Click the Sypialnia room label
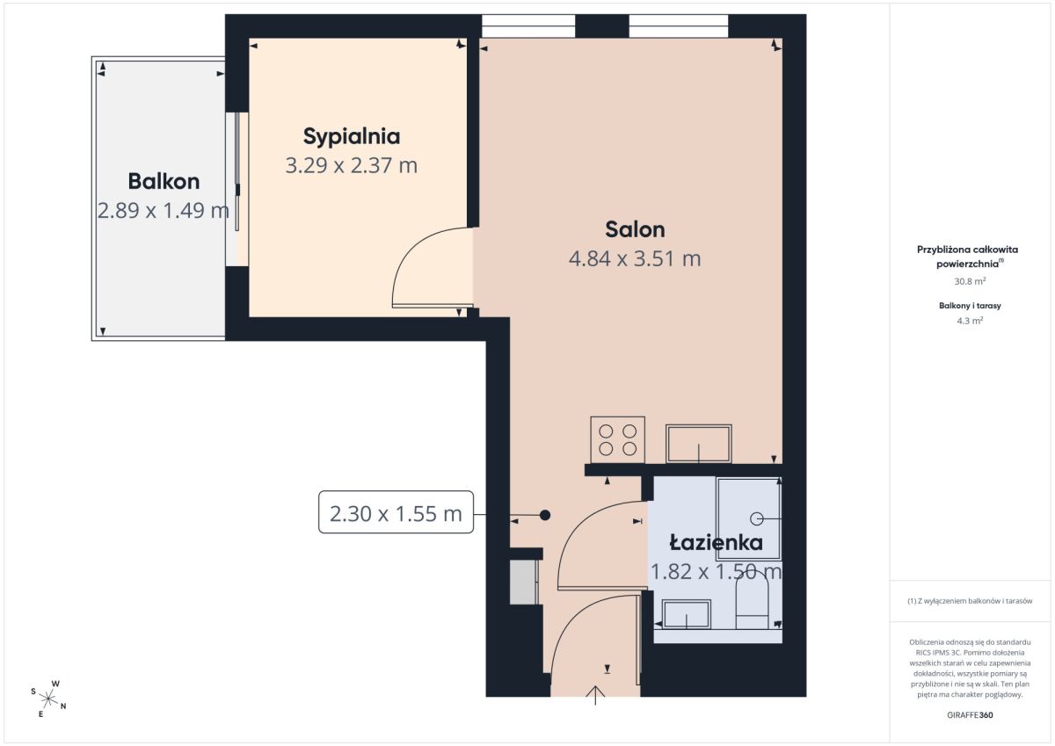[352, 137]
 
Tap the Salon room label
[635, 229]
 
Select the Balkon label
[164, 182]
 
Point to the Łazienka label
[717, 543]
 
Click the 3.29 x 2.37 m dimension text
[352, 166]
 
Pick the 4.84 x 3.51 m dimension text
[635, 259]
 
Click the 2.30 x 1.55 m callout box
[397, 512]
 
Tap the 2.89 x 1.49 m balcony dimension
[164, 210]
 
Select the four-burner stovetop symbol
[617, 439]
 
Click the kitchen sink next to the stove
[698, 444]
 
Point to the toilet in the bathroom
[753, 603]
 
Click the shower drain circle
[756, 518]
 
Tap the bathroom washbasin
[687, 613]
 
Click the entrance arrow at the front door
[595, 695]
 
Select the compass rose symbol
[48, 699]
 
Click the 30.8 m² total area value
[970, 281]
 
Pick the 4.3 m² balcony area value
[970, 321]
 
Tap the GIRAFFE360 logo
[970, 715]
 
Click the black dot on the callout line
[545, 516]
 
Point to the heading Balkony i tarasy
[970, 306]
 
